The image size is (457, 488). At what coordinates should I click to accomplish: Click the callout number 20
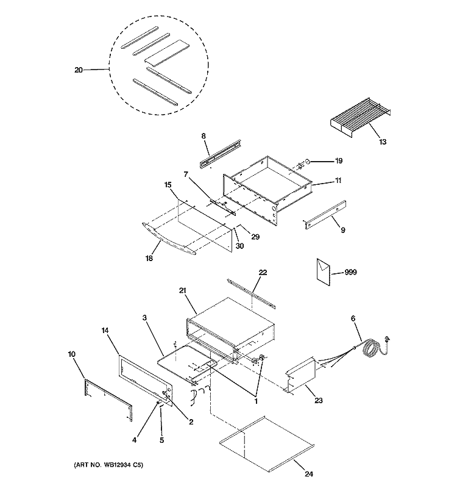click(78, 70)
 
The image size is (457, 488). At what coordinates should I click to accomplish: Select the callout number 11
click(338, 181)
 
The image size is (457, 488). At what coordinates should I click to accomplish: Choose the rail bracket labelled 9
click(325, 214)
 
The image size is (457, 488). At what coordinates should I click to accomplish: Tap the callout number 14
click(105, 329)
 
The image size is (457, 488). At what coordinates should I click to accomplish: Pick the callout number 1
click(257, 401)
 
